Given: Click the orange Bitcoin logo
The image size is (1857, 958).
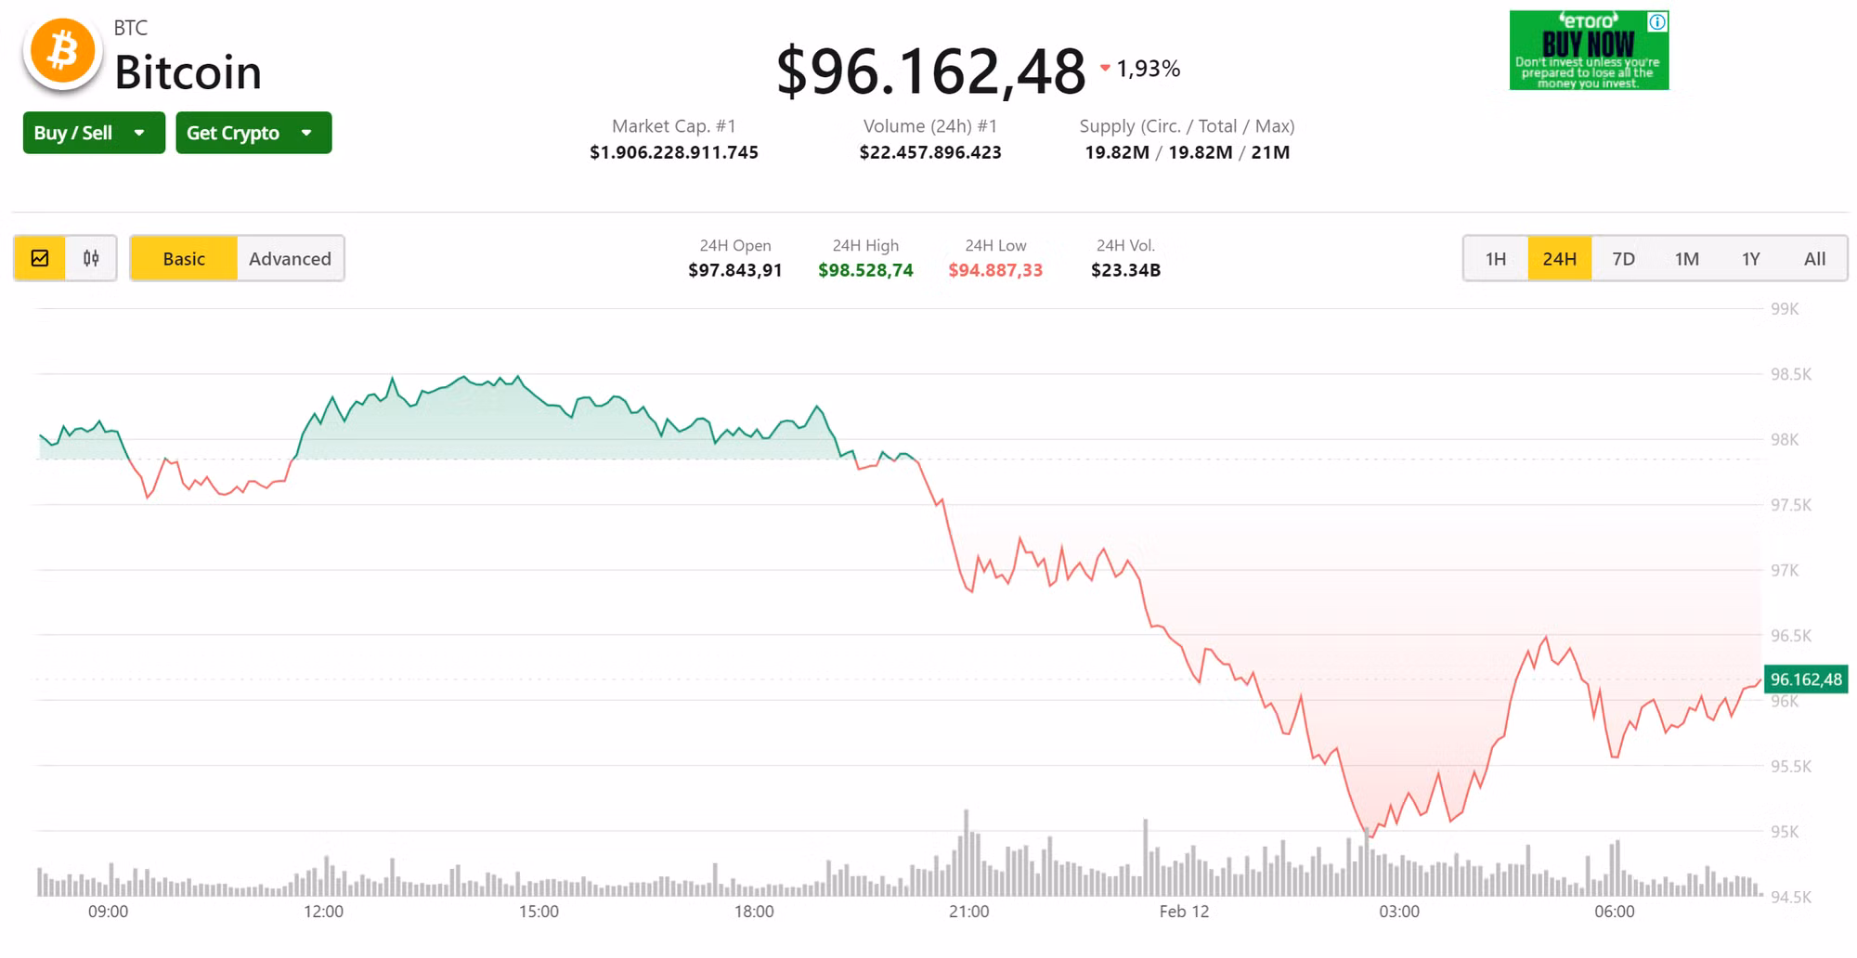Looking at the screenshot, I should point(62,52).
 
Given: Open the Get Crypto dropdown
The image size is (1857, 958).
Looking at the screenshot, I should point(253,133).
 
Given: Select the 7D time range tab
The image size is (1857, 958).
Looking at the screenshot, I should point(1623,259).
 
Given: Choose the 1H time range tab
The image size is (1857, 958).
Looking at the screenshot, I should point(1495,259).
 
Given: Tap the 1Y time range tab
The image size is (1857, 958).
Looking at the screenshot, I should point(1750,259).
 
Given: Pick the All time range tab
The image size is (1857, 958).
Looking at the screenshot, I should point(1814,259).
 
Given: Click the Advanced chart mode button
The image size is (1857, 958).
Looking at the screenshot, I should point(290,259).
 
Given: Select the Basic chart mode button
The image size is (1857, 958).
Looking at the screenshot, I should point(184,259).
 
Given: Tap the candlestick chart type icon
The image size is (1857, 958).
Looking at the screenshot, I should point(91,259).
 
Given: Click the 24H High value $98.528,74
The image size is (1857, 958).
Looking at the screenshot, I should point(865,270).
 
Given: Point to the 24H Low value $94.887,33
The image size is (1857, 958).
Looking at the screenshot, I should point(995,270).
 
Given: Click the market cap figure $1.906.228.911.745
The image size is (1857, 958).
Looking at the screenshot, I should point(674,152).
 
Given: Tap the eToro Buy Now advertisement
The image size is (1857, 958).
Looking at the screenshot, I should point(1589,50).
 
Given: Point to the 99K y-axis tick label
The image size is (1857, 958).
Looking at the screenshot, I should point(1785,309).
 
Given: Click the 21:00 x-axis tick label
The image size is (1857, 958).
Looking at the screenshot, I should point(968,912).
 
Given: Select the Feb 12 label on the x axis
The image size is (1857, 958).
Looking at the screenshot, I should point(1184,912).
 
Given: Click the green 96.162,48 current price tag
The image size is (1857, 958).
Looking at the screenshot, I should point(1805,680).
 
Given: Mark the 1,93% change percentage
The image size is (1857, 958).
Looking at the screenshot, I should point(1148,69).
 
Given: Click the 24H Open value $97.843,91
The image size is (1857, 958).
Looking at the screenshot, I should point(734,270).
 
